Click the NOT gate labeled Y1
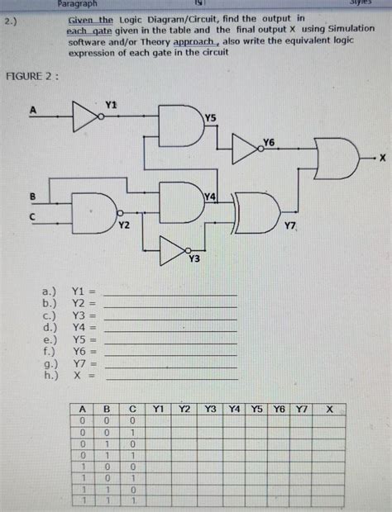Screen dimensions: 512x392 click(85, 117)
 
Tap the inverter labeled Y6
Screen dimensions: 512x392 click(245, 149)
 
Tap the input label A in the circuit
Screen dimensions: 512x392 click(34, 109)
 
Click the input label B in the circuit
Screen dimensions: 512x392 click(33, 196)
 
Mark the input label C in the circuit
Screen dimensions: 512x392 click(33, 216)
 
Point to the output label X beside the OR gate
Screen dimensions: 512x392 click(383, 156)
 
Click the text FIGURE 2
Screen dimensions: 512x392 click(31, 77)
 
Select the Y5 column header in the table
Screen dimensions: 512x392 click(258, 409)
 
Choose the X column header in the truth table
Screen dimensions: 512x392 click(329, 409)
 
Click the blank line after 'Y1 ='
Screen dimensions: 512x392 click(170, 294)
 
